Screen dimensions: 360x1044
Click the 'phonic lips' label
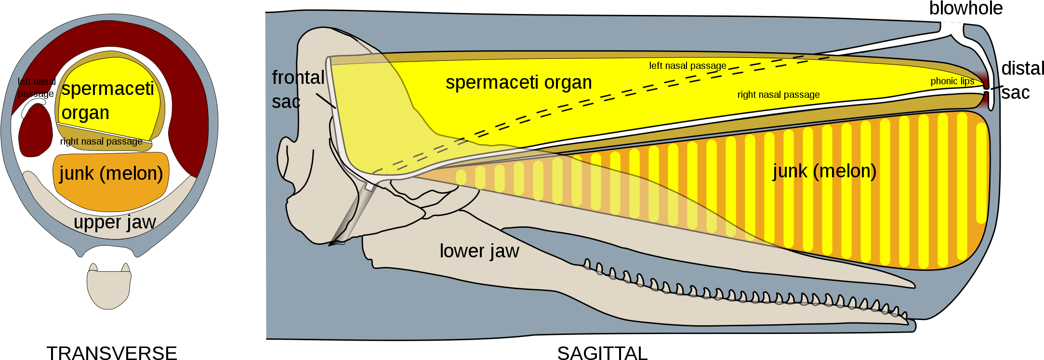pos(952,81)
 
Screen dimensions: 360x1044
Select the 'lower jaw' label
pos(479,251)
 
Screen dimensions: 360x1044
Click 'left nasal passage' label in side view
pos(687,66)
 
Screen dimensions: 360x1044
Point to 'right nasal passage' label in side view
pos(778,95)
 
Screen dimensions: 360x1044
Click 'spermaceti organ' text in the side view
pos(518,82)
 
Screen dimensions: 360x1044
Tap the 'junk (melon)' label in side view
pos(824,171)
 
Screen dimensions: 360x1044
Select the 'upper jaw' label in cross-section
pos(115,222)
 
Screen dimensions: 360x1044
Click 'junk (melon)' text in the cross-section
pos(111,173)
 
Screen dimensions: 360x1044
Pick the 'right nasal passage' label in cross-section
pos(101,142)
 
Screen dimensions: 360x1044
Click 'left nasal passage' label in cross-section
pos(36,88)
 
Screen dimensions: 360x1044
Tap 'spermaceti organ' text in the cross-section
pos(107,100)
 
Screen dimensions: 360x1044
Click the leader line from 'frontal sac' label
pos(326,100)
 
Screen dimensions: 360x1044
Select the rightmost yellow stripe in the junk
pos(981,173)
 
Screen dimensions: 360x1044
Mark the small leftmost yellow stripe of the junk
pos(461,177)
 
